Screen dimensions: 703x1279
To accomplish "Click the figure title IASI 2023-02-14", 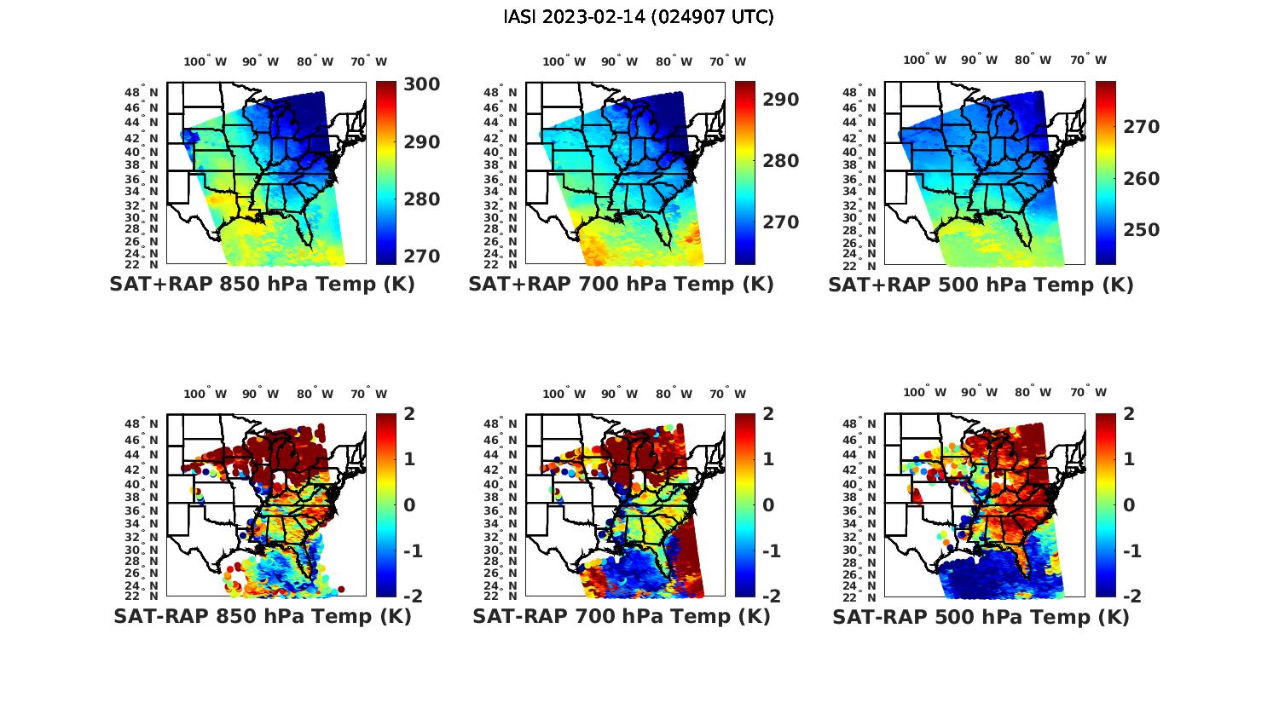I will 639,17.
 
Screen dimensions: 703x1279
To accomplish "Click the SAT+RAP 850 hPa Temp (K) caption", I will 262,285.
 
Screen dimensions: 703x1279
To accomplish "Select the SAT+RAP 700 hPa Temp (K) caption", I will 621,285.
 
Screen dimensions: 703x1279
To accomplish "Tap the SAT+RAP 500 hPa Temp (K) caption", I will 981,285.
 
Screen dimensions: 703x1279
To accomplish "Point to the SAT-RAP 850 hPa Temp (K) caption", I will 262,616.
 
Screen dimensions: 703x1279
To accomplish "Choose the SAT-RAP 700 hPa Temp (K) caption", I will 621,616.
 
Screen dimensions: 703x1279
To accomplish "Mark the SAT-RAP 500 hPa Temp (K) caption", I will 981,617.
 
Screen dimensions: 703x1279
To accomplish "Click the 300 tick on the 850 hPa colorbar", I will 422,84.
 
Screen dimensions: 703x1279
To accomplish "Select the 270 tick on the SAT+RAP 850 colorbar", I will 422,256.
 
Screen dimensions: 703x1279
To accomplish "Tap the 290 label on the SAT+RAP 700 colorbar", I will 781,100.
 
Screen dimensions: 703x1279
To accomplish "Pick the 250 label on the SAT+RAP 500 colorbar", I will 1141,230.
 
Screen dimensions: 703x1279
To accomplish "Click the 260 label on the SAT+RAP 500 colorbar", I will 1141,179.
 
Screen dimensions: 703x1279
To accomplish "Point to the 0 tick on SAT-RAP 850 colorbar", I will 410,504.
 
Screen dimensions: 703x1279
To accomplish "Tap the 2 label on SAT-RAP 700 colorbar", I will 769,414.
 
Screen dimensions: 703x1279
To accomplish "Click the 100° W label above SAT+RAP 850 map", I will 205,61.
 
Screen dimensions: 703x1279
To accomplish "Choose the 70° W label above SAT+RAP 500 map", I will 1088,60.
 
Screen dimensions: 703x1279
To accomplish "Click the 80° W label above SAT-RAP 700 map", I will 674,394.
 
